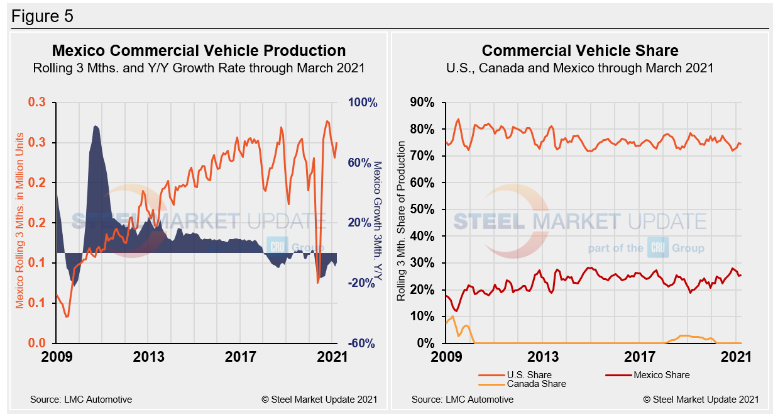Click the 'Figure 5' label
pyautogui.click(x=42, y=16)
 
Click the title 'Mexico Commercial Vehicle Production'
pyautogui.click(x=199, y=51)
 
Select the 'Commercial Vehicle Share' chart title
pyautogui.click(x=580, y=51)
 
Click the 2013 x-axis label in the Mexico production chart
pyautogui.click(x=150, y=357)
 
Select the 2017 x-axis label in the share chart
pyautogui.click(x=640, y=357)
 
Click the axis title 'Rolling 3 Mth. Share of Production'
pyautogui.click(x=401, y=223)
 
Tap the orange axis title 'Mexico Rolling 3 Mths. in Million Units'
pyautogui.click(x=19, y=220)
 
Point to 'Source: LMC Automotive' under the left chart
pyautogui.click(x=81, y=400)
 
